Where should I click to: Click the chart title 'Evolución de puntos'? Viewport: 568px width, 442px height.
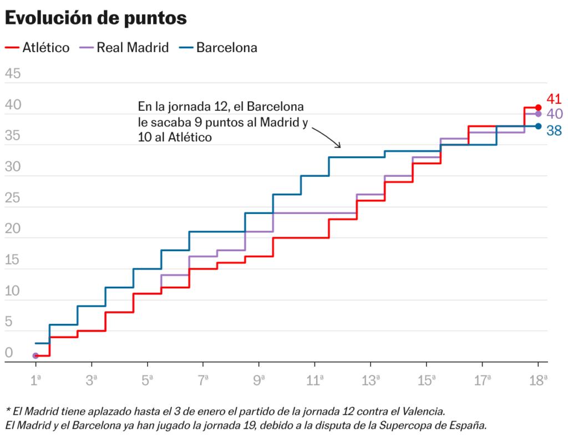(x=96, y=18)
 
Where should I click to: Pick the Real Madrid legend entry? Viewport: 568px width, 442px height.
(x=125, y=48)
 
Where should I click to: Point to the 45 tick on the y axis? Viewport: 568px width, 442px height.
(x=12, y=74)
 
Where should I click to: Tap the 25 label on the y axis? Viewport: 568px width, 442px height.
(x=12, y=199)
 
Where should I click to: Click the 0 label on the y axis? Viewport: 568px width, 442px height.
(x=8, y=353)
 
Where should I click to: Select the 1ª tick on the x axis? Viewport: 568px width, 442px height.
(x=36, y=380)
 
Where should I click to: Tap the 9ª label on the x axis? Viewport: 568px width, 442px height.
(x=259, y=380)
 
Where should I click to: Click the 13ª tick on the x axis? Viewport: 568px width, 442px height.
(x=371, y=380)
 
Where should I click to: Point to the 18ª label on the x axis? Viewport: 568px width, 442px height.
(x=538, y=380)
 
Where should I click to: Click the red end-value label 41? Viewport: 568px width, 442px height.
(x=554, y=99)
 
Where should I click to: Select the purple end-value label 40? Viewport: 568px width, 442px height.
(x=555, y=114)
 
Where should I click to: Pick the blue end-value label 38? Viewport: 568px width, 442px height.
(x=554, y=131)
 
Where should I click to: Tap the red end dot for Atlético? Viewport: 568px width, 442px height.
(x=538, y=107)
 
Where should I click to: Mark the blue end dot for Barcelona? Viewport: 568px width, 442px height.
(x=538, y=126)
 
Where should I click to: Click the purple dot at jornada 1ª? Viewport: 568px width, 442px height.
(x=35, y=355)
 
